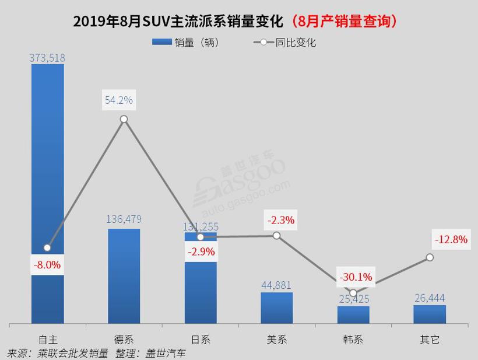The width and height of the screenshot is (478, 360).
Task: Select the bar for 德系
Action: pos(124,275)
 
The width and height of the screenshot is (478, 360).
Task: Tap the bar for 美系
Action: pos(276,307)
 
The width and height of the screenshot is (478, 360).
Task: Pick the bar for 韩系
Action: pos(353,314)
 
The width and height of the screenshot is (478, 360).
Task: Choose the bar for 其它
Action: pos(430,314)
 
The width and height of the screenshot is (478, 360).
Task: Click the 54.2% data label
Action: pos(119,100)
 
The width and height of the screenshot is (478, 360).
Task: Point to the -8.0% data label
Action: pos(47,264)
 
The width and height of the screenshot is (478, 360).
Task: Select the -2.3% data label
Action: pos(281,221)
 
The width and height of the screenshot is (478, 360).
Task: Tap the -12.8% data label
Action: pos(451,239)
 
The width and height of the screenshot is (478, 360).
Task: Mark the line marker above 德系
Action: pos(124,119)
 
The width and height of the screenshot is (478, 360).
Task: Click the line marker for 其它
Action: pos(430,257)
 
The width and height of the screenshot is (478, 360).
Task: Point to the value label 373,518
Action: pos(47,57)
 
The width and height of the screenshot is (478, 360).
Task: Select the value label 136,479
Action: pos(124,219)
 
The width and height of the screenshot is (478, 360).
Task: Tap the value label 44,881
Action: pos(276,285)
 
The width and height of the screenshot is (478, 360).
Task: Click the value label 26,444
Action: pos(430,298)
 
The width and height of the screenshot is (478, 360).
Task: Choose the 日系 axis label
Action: pos(200,340)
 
